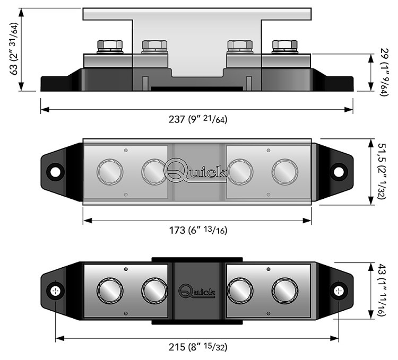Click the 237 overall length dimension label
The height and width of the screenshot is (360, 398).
click(x=198, y=119)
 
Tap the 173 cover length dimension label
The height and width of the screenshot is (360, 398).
click(x=198, y=230)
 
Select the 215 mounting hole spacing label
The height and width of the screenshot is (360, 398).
click(x=198, y=347)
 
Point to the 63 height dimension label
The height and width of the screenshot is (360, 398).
click(x=14, y=49)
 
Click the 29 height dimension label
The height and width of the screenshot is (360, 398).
click(x=384, y=72)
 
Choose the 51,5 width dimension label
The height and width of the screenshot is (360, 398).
click(x=382, y=171)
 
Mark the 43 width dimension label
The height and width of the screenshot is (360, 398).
click(x=382, y=290)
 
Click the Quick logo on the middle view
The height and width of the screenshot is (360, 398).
click(x=195, y=170)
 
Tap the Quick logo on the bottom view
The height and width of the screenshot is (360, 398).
click(x=197, y=291)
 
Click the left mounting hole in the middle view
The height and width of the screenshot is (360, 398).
click(x=55, y=172)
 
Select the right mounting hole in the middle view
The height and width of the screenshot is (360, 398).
click(x=339, y=172)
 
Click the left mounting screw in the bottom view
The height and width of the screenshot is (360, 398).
click(x=55, y=291)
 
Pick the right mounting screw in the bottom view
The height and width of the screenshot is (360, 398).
click(x=339, y=291)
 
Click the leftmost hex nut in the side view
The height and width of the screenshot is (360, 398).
click(x=110, y=45)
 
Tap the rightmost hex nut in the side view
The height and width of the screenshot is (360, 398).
click(x=284, y=45)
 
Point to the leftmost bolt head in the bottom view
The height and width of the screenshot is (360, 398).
click(x=110, y=291)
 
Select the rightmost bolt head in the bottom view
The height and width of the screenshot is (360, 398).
click(x=285, y=291)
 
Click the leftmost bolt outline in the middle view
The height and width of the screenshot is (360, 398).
click(x=110, y=172)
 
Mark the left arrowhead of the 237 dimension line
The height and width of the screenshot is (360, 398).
click(x=45, y=110)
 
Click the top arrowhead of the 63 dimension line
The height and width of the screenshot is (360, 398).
click(x=21, y=12)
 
